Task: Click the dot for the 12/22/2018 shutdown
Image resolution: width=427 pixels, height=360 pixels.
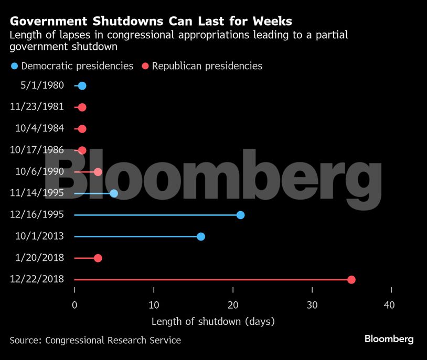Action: point(351,279)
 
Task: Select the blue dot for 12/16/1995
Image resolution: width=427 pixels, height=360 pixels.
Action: point(240,215)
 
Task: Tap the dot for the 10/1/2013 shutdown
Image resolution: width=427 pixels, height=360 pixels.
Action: point(201,236)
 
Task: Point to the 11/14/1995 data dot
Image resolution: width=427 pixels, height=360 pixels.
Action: point(114,193)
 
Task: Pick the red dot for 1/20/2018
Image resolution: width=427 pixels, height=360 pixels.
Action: point(98,258)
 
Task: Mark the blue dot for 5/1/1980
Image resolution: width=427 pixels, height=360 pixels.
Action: point(82,86)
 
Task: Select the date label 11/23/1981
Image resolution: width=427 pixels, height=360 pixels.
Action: point(37,107)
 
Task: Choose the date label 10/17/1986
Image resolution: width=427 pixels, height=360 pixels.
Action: point(37,150)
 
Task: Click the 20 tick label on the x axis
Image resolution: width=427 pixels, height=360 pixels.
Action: point(233,306)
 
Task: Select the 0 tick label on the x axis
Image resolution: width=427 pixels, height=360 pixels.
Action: point(74,306)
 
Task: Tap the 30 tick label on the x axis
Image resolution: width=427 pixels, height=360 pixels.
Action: point(312,306)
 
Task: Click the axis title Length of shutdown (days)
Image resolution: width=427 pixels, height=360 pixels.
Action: point(213,321)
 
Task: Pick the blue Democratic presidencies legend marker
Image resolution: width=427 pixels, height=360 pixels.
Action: point(14,66)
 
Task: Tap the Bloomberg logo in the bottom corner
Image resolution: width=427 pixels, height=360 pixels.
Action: point(389,339)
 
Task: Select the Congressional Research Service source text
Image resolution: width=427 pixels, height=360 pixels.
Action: point(113,340)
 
